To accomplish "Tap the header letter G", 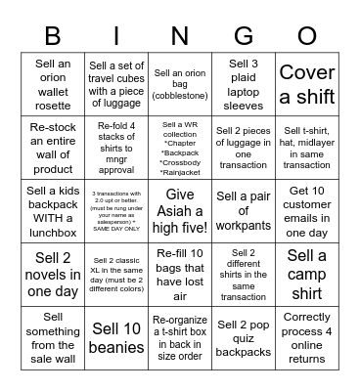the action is (x=244, y=35).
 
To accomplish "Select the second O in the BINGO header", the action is (x=307, y=35).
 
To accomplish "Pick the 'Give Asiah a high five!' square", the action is (x=180, y=208).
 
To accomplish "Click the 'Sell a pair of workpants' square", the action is (x=244, y=208).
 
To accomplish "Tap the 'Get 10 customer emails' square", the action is (x=307, y=208).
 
